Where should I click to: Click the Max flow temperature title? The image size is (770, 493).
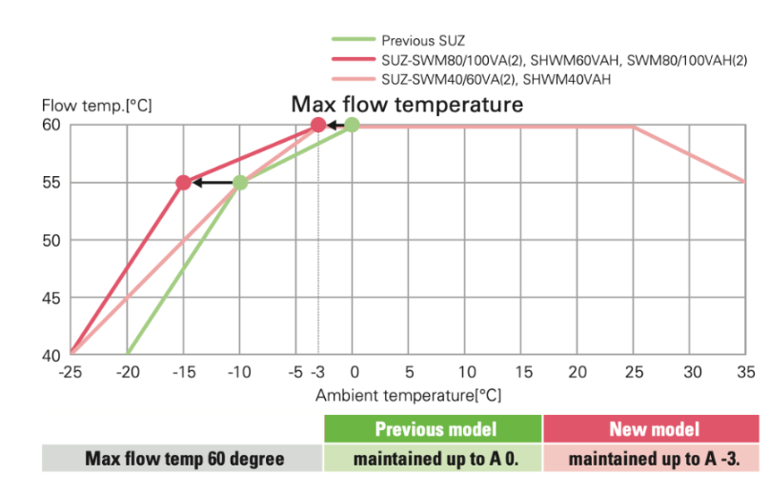pyautogui.click(x=407, y=104)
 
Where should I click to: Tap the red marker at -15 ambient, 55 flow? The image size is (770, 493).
pyautogui.click(x=183, y=183)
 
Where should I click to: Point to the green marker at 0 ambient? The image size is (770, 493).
pyautogui.click(x=352, y=125)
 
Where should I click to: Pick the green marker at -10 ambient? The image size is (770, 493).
pyautogui.click(x=240, y=183)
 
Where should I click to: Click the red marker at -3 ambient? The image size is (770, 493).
pyautogui.click(x=318, y=125)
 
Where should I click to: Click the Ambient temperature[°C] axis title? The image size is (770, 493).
pyautogui.click(x=408, y=394)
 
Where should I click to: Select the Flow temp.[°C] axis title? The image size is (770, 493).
pyautogui.click(x=96, y=105)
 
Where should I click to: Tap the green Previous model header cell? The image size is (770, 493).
pyautogui.click(x=434, y=429)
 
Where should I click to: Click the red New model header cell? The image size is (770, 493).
pyautogui.click(x=653, y=429)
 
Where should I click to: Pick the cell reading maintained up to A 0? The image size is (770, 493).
pyautogui.click(x=434, y=459)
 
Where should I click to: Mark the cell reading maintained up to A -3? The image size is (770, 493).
pyautogui.click(x=653, y=459)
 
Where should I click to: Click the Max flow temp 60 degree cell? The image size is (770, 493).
pyautogui.click(x=184, y=459)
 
